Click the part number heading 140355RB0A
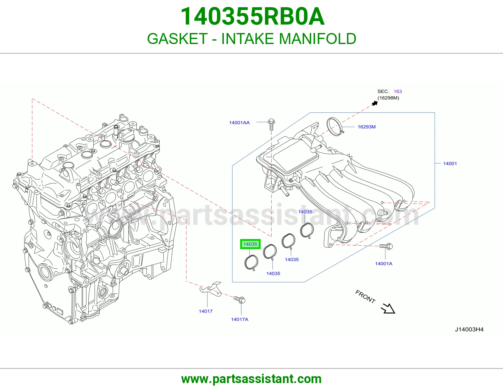coord(252,16)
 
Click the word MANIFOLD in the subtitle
coord(318,39)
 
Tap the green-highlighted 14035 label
coord(250,244)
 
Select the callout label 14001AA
coord(239,123)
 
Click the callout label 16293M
coord(367,127)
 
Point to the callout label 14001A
coord(384,264)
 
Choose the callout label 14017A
coord(240,319)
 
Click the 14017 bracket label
coord(206,311)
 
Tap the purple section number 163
coord(398,92)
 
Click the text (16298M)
coord(388,98)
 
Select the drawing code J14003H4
coord(469,330)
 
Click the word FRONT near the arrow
coord(365,297)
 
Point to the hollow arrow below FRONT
coord(388,309)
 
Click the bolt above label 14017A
coord(239,300)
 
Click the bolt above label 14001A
coord(386,246)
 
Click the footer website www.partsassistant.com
coord(251,379)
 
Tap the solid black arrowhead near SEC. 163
coord(375,103)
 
